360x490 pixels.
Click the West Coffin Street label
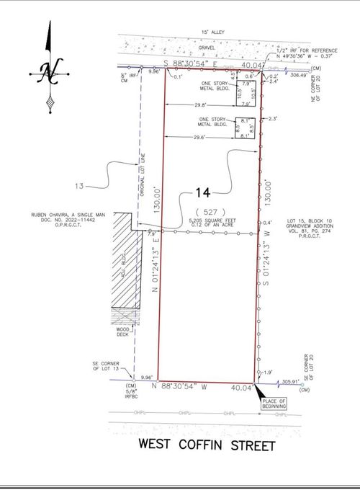(x=207, y=445)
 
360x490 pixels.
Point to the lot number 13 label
(x=79, y=187)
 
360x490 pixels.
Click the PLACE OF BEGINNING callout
(x=274, y=403)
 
